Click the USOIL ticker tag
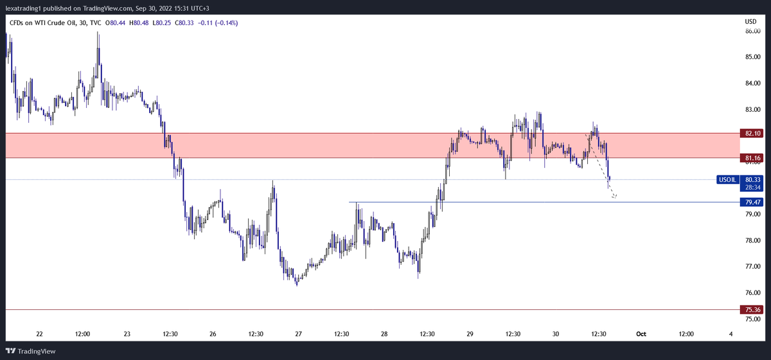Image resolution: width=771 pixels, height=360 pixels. tap(727, 179)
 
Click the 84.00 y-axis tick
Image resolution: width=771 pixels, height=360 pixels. tap(752, 83)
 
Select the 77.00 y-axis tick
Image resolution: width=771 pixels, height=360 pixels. tap(752, 266)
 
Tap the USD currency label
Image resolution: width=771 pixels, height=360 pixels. tap(750, 22)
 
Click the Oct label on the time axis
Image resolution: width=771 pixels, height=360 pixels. tap(641, 334)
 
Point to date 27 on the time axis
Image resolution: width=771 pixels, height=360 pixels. tap(299, 334)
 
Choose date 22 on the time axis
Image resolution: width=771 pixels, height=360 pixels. tap(40, 334)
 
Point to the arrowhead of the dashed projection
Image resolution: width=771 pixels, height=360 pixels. tap(616, 197)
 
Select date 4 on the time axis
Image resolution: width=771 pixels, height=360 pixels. tap(731, 334)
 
